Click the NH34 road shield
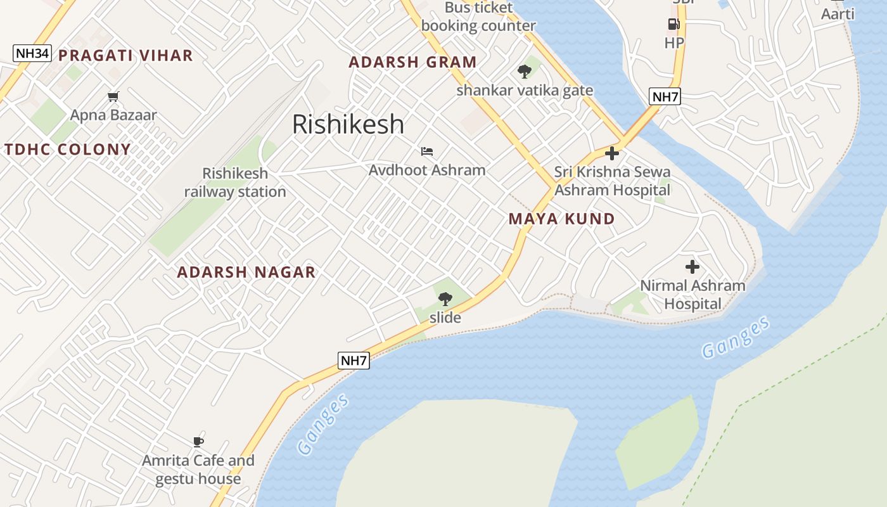click(32, 53)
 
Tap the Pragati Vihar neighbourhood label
click(125, 56)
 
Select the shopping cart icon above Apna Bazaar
click(113, 97)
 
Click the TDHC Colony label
click(68, 150)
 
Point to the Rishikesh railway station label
click(235, 183)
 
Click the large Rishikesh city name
click(348, 124)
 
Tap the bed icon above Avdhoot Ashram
click(427, 151)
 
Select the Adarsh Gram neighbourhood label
click(412, 62)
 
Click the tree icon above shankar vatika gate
click(525, 72)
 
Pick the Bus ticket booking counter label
click(478, 17)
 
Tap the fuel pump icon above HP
click(673, 25)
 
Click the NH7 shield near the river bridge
click(665, 97)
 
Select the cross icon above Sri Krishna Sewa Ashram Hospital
click(612, 153)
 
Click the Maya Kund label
click(561, 219)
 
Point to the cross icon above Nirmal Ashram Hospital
click(692, 267)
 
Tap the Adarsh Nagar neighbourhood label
click(246, 273)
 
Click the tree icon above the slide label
click(445, 298)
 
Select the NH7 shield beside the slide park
click(354, 361)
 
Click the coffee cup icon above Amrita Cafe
click(198, 442)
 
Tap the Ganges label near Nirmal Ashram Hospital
click(736, 337)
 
